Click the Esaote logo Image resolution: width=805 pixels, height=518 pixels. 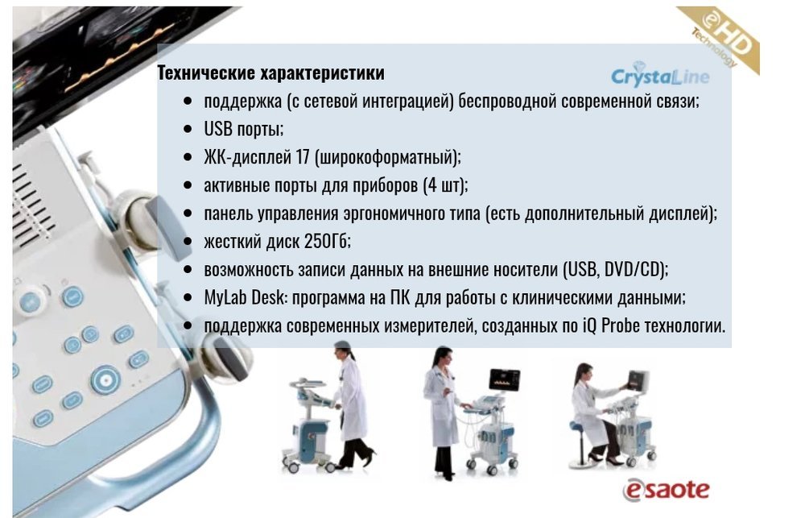click(x=666, y=489)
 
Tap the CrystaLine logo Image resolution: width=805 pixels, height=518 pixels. click(x=660, y=75)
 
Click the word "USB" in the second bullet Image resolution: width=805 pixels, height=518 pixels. click(x=218, y=128)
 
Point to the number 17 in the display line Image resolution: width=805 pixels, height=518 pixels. click(x=303, y=157)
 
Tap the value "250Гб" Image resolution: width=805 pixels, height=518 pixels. click(x=325, y=241)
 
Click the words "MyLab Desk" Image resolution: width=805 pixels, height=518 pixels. click(x=244, y=297)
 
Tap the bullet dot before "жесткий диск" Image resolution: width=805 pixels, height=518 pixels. click(x=188, y=242)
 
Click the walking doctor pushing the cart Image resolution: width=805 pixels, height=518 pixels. click(x=352, y=405)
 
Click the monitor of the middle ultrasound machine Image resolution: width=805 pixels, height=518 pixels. click(x=504, y=381)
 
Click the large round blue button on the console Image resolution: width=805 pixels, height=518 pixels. click(x=105, y=380)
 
